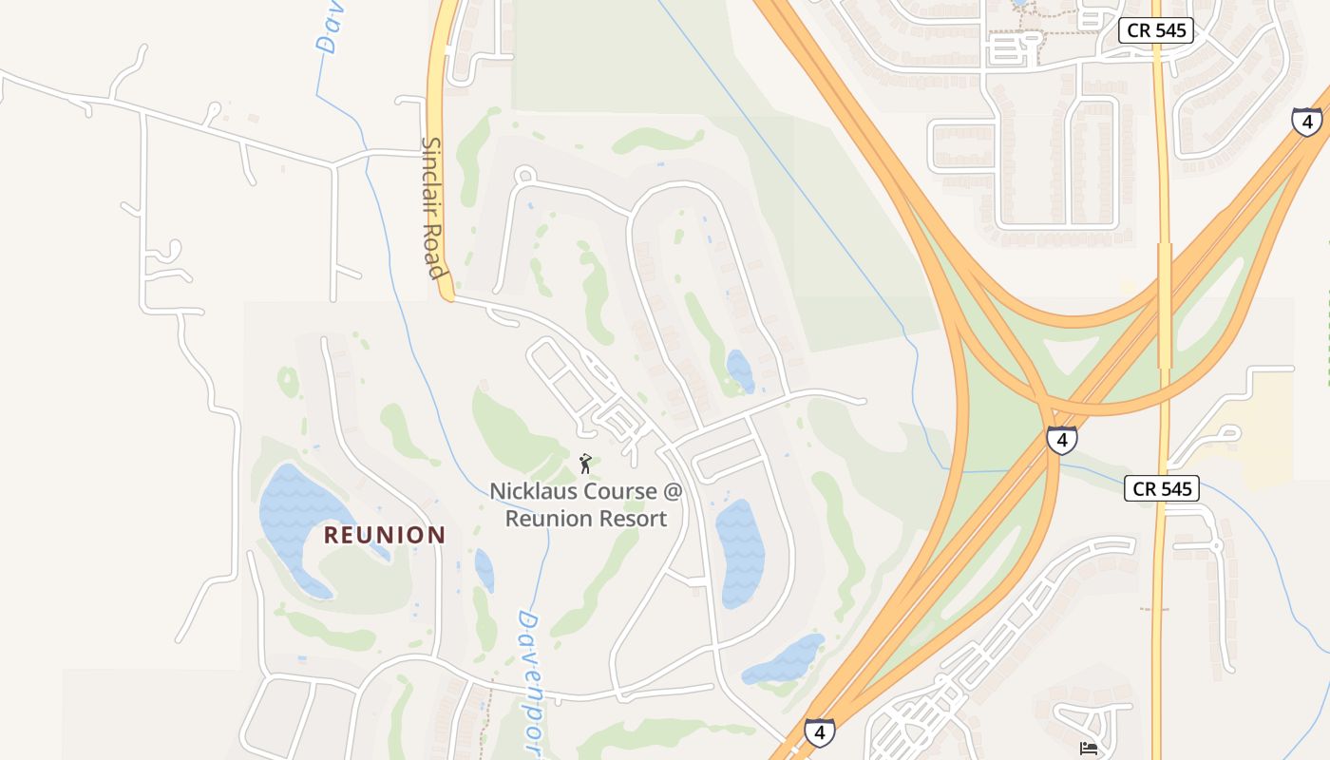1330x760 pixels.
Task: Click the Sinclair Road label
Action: pyautogui.click(x=432, y=208)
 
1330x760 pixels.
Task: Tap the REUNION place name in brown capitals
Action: pyautogui.click(x=384, y=535)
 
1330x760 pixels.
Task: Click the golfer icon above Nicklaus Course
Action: pyautogui.click(x=585, y=464)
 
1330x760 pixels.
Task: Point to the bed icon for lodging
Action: pyautogui.click(x=1089, y=749)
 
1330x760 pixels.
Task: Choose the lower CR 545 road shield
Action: pyautogui.click(x=1161, y=489)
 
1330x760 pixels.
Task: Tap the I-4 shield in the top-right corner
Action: pyautogui.click(x=1307, y=121)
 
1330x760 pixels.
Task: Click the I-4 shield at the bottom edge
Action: pyautogui.click(x=820, y=731)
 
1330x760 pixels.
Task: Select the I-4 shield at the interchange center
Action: pyautogui.click(x=1061, y=440)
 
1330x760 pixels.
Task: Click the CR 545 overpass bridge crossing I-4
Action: pyautogui.click(x=1165, y=304)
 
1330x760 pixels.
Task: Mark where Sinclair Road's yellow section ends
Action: pyautogui.click(x=448, y=296)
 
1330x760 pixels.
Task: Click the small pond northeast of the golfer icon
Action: pyautogui.click(x=739, y=370)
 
